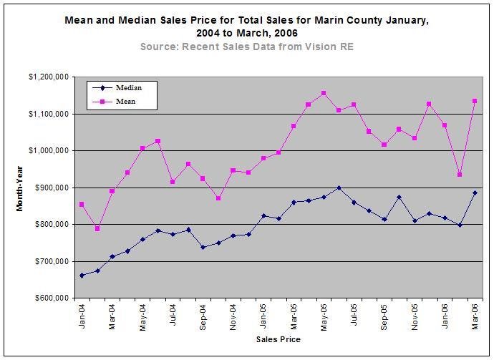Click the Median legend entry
coord(117,88)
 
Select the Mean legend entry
coord(114,102)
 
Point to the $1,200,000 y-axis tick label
coord(49,77)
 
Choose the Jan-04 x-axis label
coord(82,316)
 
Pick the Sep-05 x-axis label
coord(384,317)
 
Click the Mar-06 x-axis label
coord(475,317)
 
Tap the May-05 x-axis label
coord(324,318)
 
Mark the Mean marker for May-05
coord(324,93)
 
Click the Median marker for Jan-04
coord(82,276)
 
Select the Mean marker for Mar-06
coord(475,101)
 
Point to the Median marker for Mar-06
coord(475,193)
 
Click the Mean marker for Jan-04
coord(82,205)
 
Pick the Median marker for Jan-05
coord(263,216)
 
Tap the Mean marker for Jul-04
coord(173,182)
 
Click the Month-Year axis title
coord(20,189)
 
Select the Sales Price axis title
coord(279,339)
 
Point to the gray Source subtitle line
coord(247,47)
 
